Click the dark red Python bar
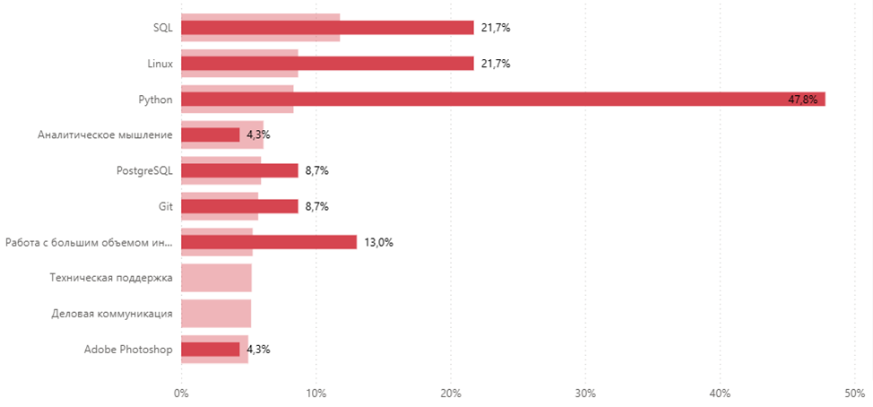[x=502, y=99]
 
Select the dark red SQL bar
[x=327, y=28]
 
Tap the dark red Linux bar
[x=327, y=64]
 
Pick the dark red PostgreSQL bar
[x=239, y=170]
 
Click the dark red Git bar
[x=239, y=206]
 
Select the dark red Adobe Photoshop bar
[x=211, y=350]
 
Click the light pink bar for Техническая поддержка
[x=216, y=278]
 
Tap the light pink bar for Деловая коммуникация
[x=216, y=314]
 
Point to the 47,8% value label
[x=802, y=100]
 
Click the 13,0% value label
[x=379, y=243]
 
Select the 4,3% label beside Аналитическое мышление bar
[x=258, y=135]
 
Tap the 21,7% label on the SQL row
[x=496, y=28]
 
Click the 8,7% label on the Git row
[x=316, y=207]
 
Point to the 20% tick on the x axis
[x=450, y=392]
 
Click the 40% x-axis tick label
[x=720, y=392]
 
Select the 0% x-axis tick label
[x=181, y=392]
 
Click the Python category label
[x=155, y=99]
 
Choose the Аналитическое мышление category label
[x=105, y=134]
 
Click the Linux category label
[x=160, y=64]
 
